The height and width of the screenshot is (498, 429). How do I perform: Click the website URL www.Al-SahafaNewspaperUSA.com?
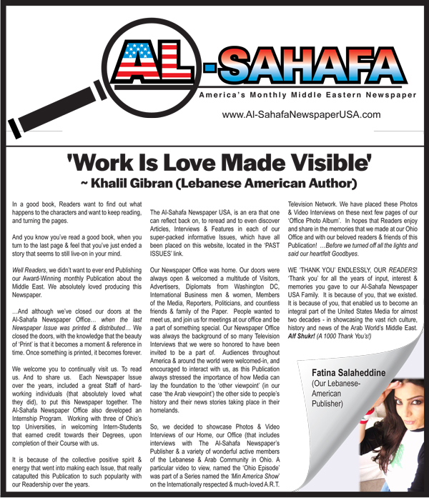point(301,114)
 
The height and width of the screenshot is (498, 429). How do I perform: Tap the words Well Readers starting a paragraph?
point(30,270)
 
